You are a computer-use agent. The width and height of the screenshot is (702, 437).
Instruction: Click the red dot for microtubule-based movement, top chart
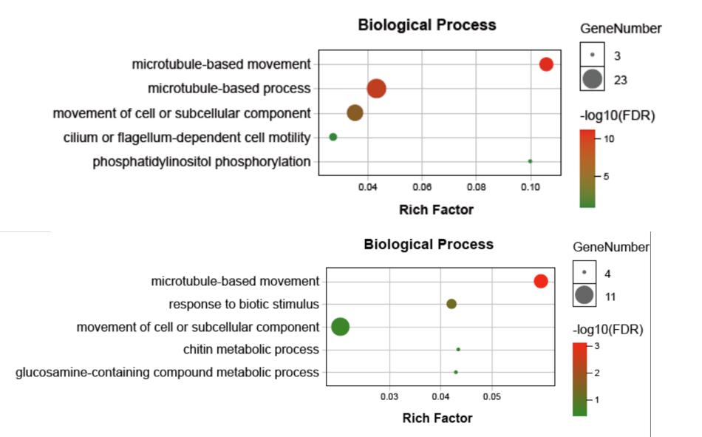546,64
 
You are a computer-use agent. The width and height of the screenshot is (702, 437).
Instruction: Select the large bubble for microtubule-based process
376,89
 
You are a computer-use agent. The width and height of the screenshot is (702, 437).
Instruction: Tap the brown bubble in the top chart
355,113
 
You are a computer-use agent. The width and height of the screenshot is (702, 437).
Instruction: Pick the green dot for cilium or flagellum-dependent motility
333,137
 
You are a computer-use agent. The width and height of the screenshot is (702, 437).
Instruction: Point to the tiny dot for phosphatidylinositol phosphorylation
530,161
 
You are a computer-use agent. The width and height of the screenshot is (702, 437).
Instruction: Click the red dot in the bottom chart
540,281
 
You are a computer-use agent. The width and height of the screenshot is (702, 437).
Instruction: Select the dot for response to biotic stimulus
451,304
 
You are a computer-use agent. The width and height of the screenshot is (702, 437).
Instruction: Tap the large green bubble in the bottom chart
340,327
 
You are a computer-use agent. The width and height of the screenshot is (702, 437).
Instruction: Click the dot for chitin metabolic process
458,350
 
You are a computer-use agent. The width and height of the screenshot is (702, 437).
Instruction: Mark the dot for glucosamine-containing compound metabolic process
456,372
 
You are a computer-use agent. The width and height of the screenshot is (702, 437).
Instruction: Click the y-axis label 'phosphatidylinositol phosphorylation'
202,162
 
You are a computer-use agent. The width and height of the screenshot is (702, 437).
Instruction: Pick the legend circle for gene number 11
584,296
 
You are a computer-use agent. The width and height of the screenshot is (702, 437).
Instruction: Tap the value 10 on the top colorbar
610,138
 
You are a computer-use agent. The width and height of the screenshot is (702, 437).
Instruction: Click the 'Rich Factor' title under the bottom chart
437,419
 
